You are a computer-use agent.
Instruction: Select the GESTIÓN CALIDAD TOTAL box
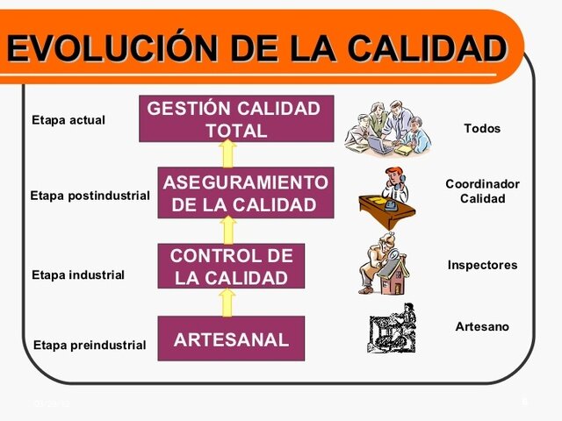pos(235,119)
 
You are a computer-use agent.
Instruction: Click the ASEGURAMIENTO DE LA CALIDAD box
pos(245,193)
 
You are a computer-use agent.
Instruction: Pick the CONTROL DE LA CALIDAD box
pos(231,267)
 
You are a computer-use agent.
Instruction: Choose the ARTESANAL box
pos(231,339)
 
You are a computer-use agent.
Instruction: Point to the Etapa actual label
pos(68,119)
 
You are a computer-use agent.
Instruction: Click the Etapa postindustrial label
pos(90,195)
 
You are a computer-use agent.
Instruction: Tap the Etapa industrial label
pos(77,275)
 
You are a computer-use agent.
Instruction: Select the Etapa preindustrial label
pos(89,345)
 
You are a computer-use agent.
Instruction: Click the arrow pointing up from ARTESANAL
pos(227,303)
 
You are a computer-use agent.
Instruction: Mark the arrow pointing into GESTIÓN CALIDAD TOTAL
pos(227,153)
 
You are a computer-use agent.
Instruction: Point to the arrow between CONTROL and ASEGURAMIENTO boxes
pos(228,230)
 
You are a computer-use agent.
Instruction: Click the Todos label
pos(482,128)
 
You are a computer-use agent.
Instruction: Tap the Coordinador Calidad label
pos(482,191)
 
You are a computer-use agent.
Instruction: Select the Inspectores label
pos(482,265)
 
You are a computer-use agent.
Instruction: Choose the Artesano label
pos(482,326)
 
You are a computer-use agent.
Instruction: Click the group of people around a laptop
pos(388,127)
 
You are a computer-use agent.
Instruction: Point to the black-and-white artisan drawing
pos(392,329)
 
